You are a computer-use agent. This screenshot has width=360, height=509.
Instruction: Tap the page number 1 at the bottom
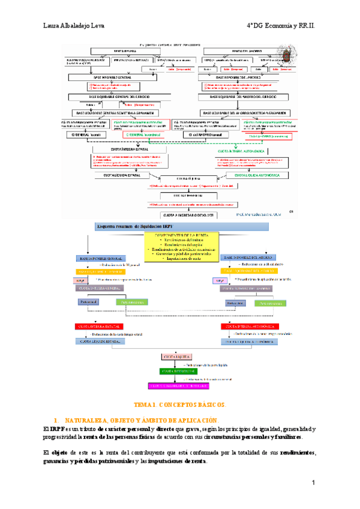(x=313, y=483)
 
